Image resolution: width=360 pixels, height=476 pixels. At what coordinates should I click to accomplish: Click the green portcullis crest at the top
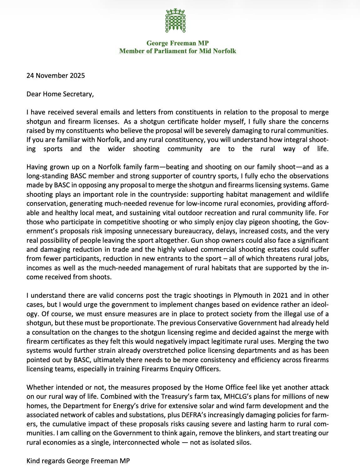point(176,21)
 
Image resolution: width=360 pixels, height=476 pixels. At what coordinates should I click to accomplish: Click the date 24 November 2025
point(56,75)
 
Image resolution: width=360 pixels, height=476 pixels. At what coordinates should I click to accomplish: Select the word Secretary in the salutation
point(78,94)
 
